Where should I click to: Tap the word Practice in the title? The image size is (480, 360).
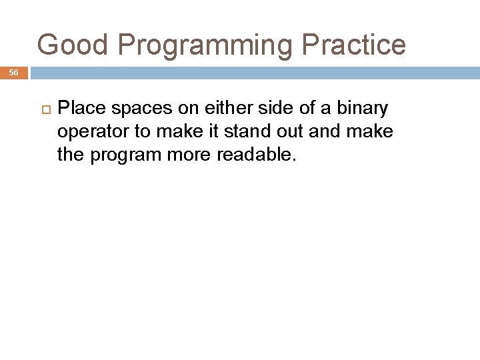coord(353,45)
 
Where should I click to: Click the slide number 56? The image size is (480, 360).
coord(14,73)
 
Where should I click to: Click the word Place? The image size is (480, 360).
coord(78,108)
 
